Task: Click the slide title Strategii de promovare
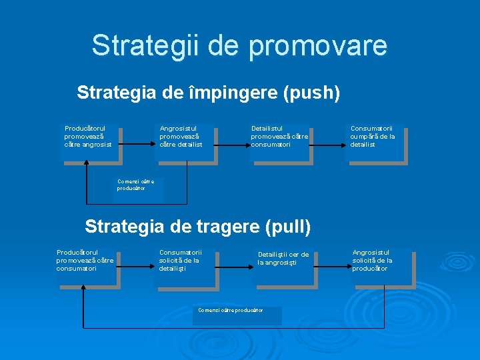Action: click(x=239, y=45)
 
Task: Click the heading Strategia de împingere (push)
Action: click(x=209, y=92)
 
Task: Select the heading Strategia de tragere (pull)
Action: click(x=198, y=227)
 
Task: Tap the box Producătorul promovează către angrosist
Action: click(x=90, y=143)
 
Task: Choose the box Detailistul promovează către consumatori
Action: click(x=281, y=143)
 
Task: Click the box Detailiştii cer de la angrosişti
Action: click(x=286, y=267)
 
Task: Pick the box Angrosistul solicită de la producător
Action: click(x=382, y=267)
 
